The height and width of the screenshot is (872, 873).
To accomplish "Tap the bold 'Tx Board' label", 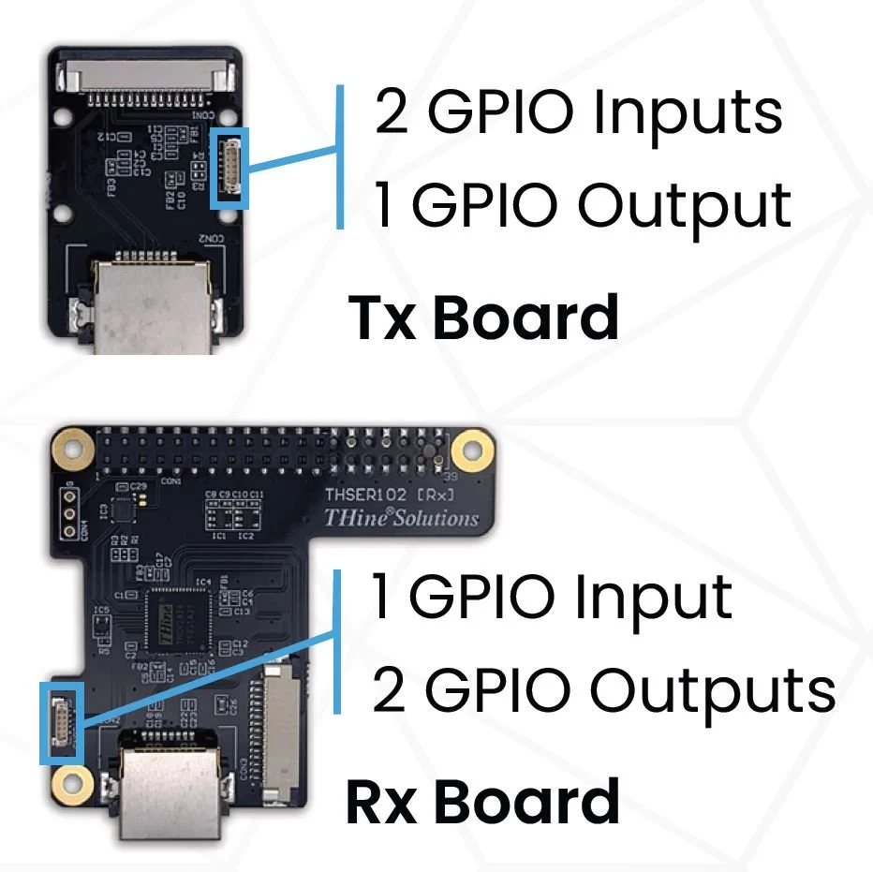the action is (483, 318).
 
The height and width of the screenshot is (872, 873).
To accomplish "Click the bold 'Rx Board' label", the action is (483, 803).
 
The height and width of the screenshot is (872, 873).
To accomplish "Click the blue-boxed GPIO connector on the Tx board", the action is (229, 168).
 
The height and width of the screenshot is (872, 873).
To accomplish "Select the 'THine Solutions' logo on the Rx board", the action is (400, 518).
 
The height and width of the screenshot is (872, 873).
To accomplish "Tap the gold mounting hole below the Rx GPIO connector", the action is (67, 781).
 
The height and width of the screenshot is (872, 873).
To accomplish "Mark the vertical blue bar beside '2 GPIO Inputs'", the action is (340, 157).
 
